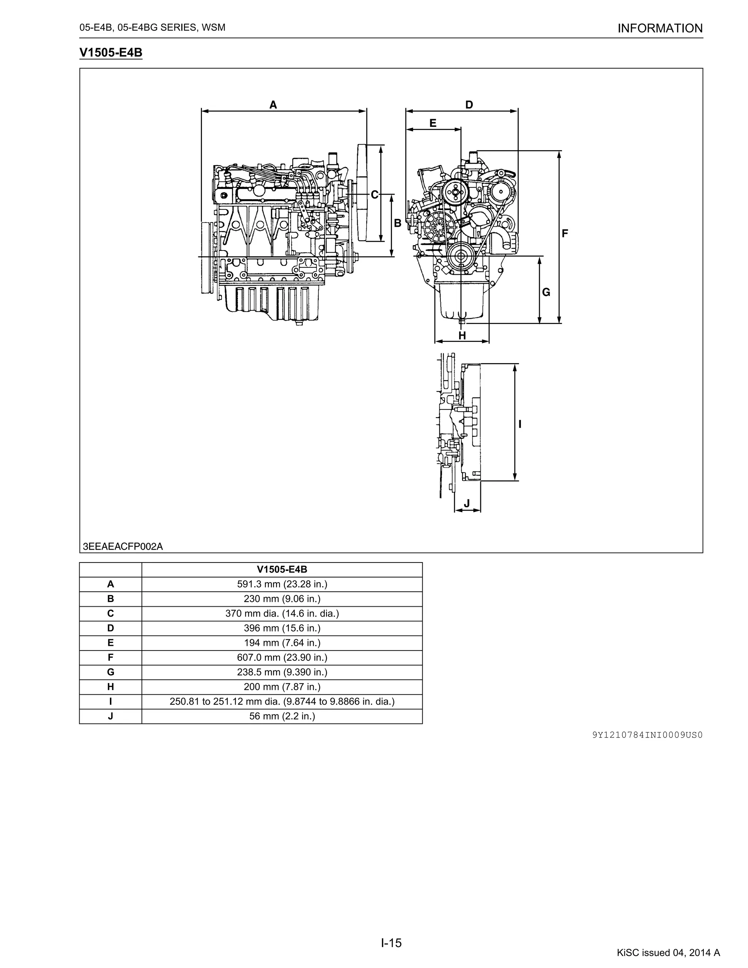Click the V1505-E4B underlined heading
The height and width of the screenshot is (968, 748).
pyautogui.click(x=111, y=53)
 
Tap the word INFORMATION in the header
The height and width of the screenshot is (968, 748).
pyautogui.click(x=660, y=28)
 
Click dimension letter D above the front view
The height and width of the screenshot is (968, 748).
pyautogui.click(x=469, y=105)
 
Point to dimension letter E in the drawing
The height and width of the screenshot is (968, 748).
pyautogui.click(x=433, y=123)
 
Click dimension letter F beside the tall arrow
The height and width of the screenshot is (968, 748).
pyautogui.click(x=565, y=233)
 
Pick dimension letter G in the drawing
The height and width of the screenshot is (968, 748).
pyautogui.click(x=546, y=293)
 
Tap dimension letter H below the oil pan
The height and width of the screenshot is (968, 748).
pyautogui.click(x=462, y=336)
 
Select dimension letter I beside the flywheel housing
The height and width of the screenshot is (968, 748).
pyautogui.click(x=520, y=424)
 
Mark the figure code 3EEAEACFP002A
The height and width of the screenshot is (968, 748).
pyautogui.click(x=123, y=546)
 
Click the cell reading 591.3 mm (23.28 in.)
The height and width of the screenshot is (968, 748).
pyautogui.click(x=282, y=584)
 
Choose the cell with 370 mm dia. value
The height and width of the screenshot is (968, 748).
pyautogui.click(x=282, y=613)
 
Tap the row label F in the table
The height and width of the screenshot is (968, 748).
pyautogui.click(x=110, y=657)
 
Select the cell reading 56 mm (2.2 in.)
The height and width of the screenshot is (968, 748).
pyautogui.click(x=282, y=716)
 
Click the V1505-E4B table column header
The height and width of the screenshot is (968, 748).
pyautogui.click(x=282, y=569)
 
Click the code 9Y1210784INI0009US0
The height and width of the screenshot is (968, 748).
pyautogui.click(x=647, y=735)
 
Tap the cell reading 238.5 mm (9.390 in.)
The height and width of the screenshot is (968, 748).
pyautogui.click(x=282, y=672)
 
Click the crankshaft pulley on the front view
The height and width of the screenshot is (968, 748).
pyautogui.click(x=461, y=256)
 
